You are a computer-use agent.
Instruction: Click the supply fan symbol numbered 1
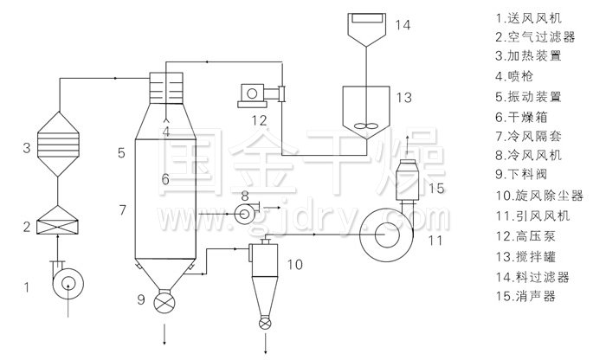click(x=68, y=284)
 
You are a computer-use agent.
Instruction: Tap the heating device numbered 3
click(x=58, y=144)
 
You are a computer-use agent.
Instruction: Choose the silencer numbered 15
click(x=407, y=180)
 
